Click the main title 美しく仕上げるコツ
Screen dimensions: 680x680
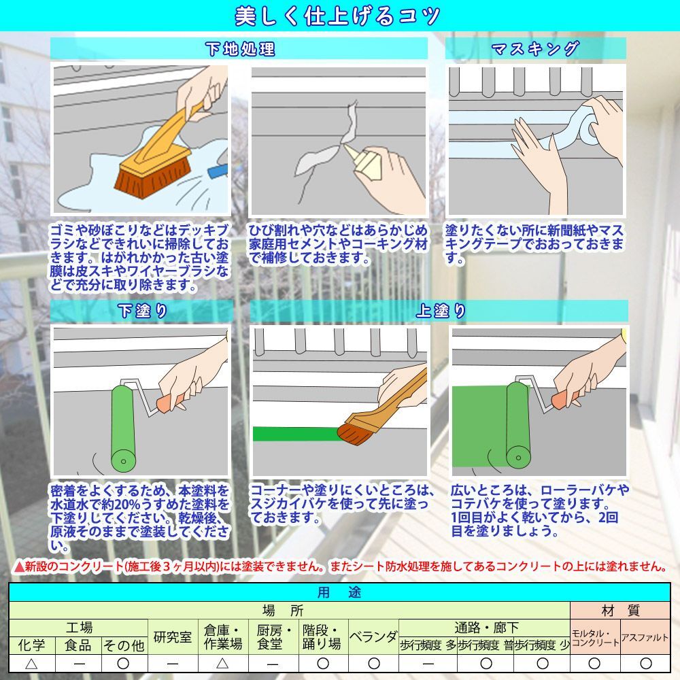pyautogui.click(x=337, y=16)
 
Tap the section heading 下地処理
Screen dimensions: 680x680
pyautogui.click(x=240, y=48)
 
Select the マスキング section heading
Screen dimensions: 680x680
pyautogui.click(x=535, y=48)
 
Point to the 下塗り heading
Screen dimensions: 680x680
pyautogui.click(x=142, y=311)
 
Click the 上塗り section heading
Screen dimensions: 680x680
pyautogui.click(x=441, y=311)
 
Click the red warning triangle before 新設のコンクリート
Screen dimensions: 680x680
pyautogui.click(x=18, y=566)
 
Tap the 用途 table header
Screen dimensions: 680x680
pyautogui.click(x=339, y=592)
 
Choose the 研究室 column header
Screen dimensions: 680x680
pyautogui.click(x=173, y=636)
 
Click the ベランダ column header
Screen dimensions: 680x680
pyautogui.click(x=373, y=636)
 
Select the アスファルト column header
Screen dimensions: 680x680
pyautogui.click(x=645, y=637)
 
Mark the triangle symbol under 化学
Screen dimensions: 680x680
pyautogui.click(x=31, y=664)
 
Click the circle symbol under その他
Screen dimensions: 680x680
pyautogui.click(x=123, y=664)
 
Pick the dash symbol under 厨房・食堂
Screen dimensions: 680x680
pyautogui.click(x=273, y=664)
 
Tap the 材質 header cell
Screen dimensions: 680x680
pyautogui.click(x=620, y=611)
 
